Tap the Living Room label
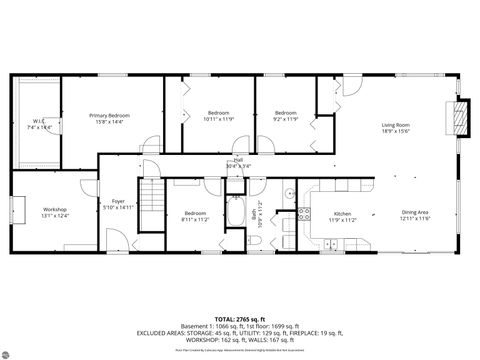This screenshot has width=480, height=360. pyautogui.click(x=396, y=128)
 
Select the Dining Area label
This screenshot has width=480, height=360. pyautogui.click(x=416, y=214)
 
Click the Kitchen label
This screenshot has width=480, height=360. pyautogui.click(x=342, y=215)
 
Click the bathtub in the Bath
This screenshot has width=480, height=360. pyautogui.click(x=237, y=213)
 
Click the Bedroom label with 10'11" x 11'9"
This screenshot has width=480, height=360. pyautogui.click(x=219, y=115)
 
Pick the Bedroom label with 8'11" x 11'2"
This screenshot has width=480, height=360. pyautogui.click(x=195, y=215)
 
